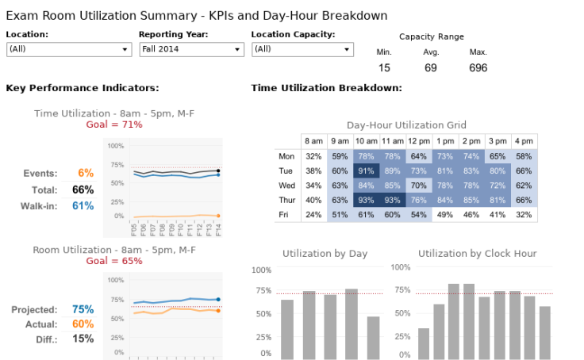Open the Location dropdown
68,49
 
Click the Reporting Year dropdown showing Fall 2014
190,49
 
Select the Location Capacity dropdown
302,49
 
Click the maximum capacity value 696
478,68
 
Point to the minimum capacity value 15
384,68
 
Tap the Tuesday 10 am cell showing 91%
366,170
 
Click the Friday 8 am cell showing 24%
313,214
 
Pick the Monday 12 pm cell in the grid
419,156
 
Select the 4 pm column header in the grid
523,141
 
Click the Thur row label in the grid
286,200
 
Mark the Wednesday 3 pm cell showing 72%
497,186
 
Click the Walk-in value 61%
83,206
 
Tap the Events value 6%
86,173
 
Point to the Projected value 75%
83,309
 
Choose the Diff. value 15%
83,339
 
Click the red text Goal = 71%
114,124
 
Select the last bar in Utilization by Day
373,337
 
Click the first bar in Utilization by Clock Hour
424,343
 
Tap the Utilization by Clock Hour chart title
477,254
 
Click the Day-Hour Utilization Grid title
406,125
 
